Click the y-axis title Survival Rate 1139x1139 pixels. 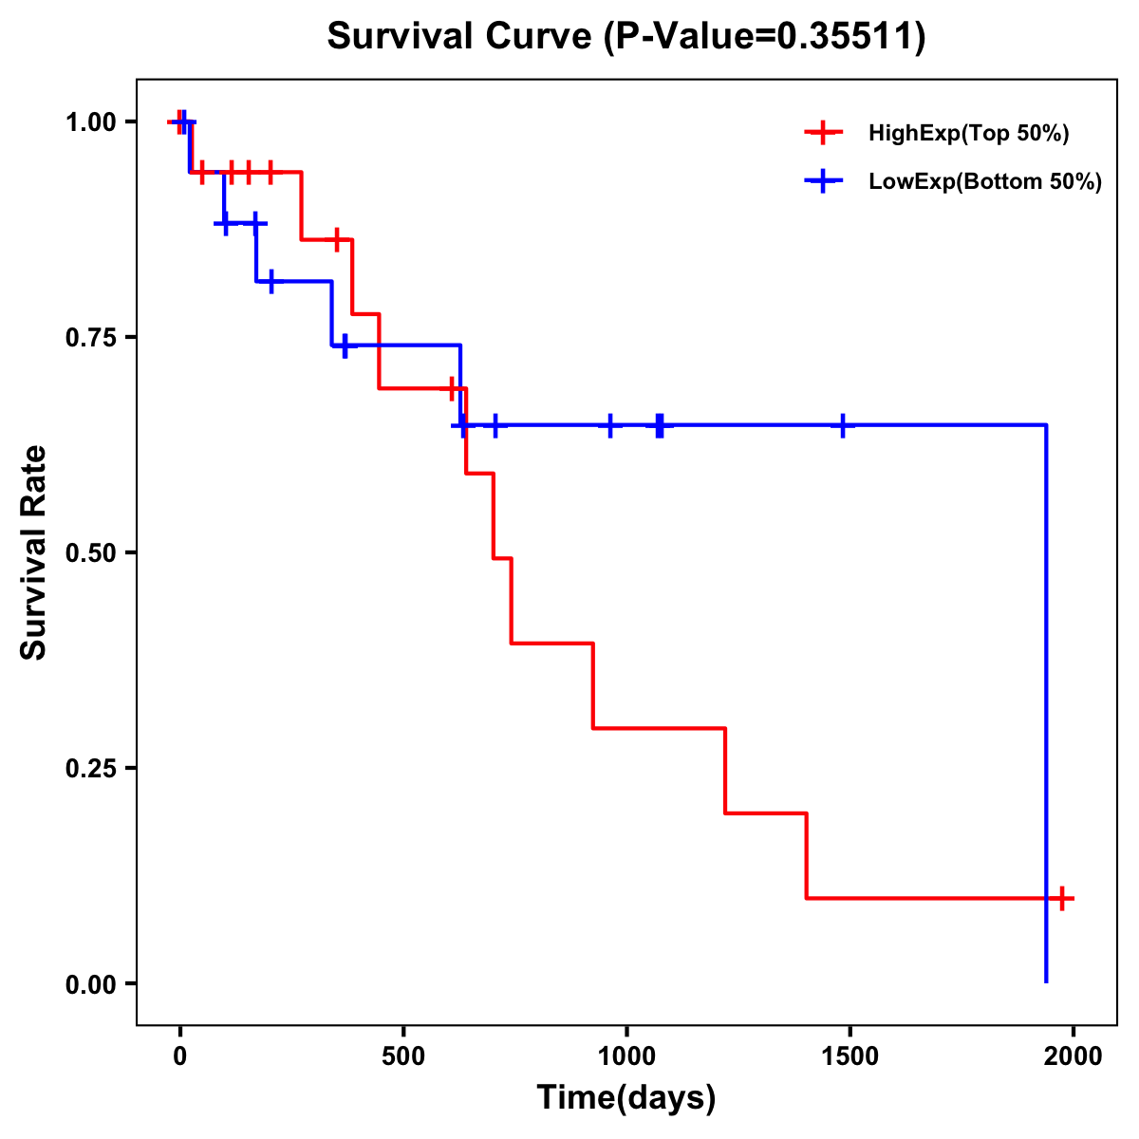tap(34, 551)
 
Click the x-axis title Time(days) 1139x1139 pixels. tap(626, 1097)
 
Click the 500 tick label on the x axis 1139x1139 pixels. tap(403, 1056)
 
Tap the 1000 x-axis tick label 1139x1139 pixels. tap(626, 1056)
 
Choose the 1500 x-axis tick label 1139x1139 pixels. tap(850, 1056)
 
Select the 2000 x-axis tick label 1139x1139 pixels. tap(1073, 1056)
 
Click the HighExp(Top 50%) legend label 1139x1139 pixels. tap(968, 134)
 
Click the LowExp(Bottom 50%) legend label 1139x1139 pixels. tap(984, 182)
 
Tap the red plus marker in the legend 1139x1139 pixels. tap(823, 134)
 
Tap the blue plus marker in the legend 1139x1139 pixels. tap(823, 182)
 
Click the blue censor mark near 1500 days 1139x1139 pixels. tap(842, 425)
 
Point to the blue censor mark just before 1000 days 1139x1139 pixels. tap(610, 425)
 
